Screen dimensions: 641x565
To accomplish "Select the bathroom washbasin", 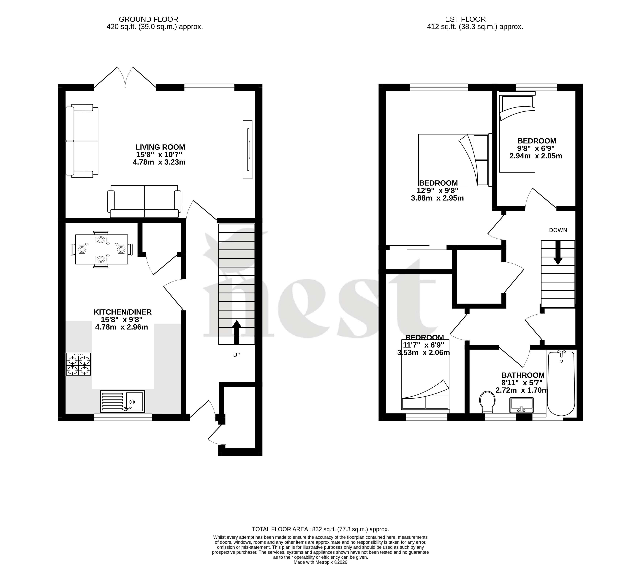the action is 521,405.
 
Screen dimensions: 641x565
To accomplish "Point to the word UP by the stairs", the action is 237,355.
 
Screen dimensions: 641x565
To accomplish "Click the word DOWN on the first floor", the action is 558,230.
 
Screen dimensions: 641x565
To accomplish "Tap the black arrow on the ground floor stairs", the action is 237,332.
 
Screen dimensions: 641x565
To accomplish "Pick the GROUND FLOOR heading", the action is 148,19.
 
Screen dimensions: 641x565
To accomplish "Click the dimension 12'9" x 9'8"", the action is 437,191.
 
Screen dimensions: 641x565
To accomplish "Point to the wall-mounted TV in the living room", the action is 247,149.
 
